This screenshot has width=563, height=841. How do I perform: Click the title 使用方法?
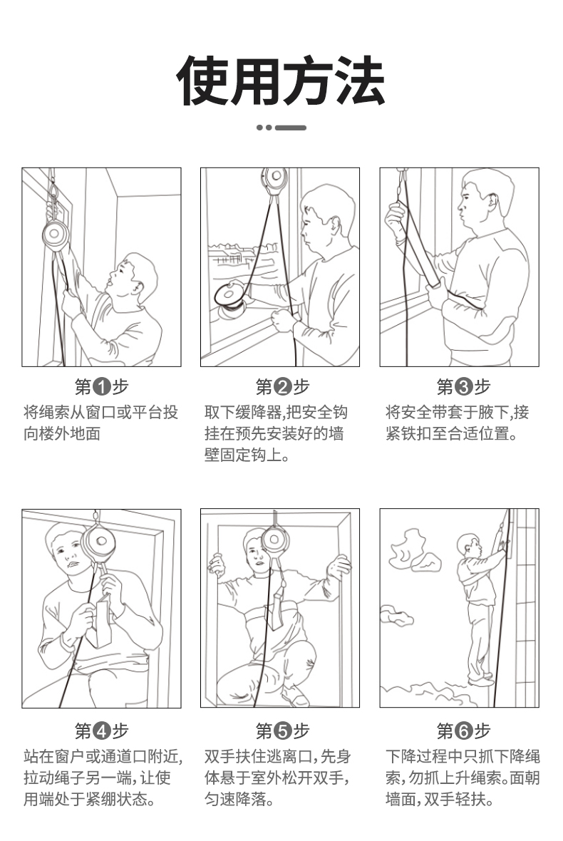pos(280,81)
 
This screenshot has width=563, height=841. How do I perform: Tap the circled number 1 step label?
pos(101,386)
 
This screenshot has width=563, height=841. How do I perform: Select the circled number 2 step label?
pos(282,386)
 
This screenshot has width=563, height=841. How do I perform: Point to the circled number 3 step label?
pos(463,386)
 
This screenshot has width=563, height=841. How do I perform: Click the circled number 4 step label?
pos(101,731)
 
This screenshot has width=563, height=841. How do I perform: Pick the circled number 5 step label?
pos(282,731)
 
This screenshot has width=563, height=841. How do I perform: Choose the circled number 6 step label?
pos(463,731)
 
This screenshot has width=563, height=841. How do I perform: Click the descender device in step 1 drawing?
pos(55,235)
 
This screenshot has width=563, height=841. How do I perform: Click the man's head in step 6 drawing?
pos(468,545)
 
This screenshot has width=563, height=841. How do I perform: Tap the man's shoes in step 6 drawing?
pos(481,679)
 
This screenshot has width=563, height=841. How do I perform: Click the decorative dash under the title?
pos(281,128)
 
